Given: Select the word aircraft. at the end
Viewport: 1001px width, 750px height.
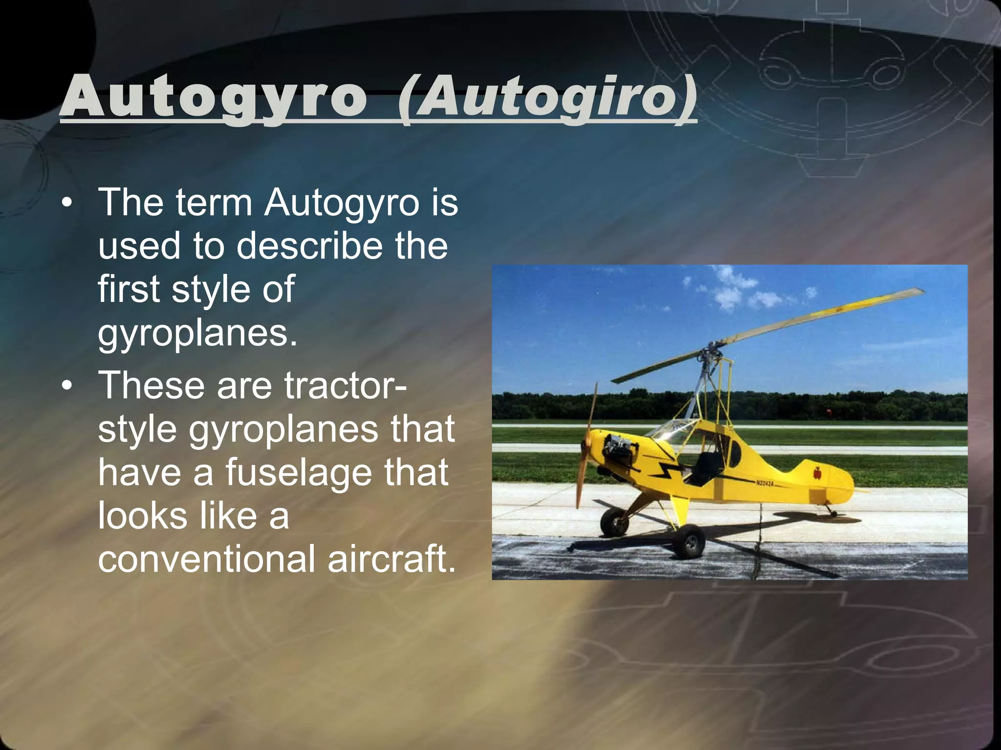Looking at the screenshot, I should pyautogui.click(x=392, y=559).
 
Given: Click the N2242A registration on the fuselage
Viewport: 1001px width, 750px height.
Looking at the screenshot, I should pyautogui.click(x=764, y=483).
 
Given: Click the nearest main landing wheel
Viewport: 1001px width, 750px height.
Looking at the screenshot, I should pyautogui.click(x=689, y=542).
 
